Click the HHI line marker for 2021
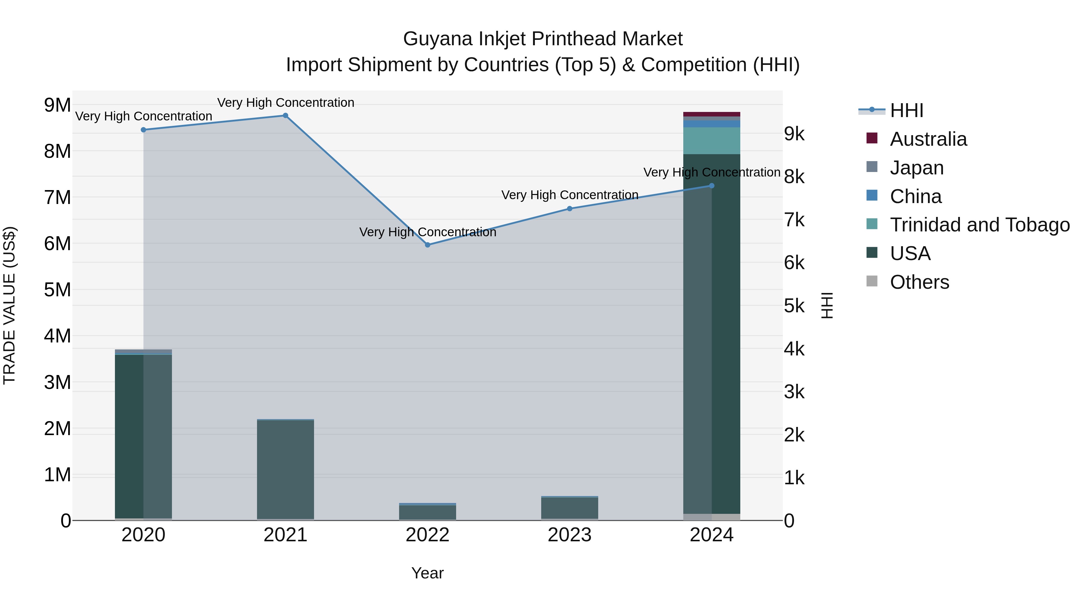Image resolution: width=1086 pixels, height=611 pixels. point(285,116)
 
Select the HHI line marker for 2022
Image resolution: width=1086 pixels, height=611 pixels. point(427,245)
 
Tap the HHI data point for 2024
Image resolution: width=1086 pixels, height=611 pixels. point(712,186)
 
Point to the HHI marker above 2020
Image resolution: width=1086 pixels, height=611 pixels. point(143,130)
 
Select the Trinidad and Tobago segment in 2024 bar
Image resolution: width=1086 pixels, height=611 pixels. point(712,141)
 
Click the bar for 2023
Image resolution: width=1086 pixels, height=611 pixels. point(570,508)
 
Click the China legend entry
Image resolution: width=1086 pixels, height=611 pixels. point(915,196)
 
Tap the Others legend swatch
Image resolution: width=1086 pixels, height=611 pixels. point(872,281)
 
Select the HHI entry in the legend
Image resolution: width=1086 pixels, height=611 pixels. point(907,110)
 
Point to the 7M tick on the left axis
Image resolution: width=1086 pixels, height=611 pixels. point(58,197)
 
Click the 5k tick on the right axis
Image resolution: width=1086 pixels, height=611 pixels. point(794,306)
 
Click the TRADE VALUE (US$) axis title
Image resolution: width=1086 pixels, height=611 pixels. point(9,305)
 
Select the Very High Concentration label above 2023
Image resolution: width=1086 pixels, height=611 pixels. point(570,195)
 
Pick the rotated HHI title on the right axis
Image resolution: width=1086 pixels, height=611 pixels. point(827,305)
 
